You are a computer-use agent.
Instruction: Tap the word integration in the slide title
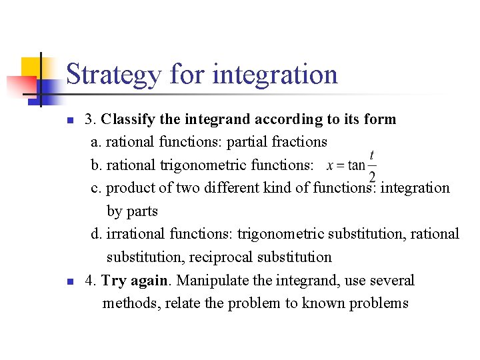pyautogui.click(x=275, y=75)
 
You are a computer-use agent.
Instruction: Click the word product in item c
pyautogui.click(x=129, y=189)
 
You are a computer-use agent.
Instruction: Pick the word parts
pyautogui.click(x=142, y=211)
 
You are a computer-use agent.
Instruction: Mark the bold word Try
pyautogui.click(x=114, y=281)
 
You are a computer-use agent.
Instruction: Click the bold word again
pyautogui.click(x=151, y=281)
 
